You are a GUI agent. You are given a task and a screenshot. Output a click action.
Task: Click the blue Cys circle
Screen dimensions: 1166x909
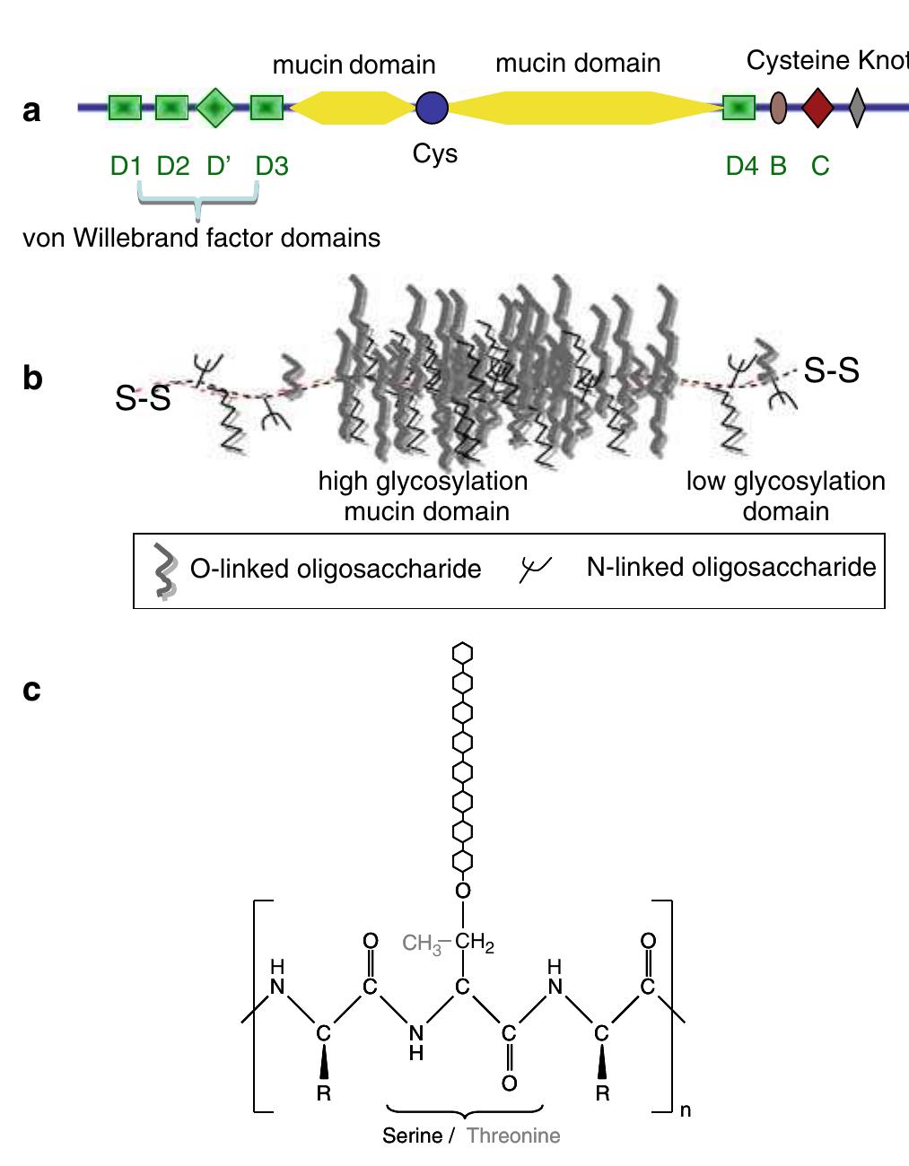[433, 108]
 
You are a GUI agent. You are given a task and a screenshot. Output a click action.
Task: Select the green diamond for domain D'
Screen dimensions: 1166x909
[214, 108]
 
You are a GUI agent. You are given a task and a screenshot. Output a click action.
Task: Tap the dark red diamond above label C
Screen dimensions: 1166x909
[817, 108]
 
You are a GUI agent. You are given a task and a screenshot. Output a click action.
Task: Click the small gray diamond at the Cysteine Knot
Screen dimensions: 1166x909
[857, 108]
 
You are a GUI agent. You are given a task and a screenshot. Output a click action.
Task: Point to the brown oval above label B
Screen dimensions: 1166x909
[779, 108]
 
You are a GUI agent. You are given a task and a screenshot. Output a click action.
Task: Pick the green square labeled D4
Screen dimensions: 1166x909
[739, 108]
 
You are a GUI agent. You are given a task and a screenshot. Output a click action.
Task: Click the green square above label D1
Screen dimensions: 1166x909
[126, 108]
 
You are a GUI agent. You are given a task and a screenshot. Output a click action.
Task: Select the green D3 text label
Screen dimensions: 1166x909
[271, 166]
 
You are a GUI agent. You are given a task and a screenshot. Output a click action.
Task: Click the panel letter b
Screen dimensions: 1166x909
[32, 378]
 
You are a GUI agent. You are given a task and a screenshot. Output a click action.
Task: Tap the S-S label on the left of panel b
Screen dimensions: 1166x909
[143, 399]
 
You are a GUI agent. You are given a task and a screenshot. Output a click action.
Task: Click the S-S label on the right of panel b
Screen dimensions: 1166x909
[830, 370]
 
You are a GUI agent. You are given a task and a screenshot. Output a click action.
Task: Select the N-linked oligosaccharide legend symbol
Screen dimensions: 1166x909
[536, 567]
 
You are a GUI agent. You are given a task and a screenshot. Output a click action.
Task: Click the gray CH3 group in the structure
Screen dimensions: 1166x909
[422, 944]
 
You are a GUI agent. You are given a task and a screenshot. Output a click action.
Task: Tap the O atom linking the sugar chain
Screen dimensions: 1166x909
[463, 890]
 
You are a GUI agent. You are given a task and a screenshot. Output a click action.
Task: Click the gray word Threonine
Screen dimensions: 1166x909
[513, 1136]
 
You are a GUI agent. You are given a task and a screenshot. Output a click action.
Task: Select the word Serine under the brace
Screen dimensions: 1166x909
[412, 1136]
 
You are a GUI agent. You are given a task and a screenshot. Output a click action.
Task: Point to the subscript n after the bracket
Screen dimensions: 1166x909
[686, 1110]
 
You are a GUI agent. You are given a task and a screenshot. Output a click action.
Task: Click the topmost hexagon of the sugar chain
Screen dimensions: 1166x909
[463, 653]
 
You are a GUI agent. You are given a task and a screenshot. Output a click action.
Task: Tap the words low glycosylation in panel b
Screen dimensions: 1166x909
[785, 482]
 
